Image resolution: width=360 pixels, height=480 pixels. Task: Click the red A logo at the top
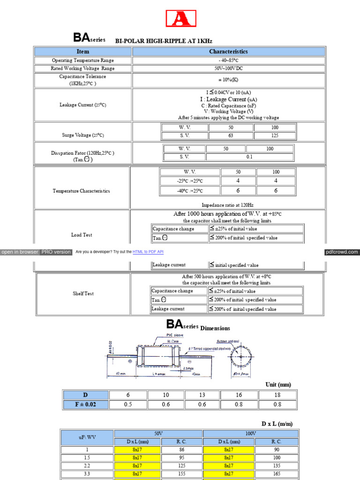point(181,18)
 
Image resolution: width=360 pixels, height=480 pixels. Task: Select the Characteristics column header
point(228,52)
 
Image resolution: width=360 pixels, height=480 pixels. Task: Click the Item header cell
point(83,52)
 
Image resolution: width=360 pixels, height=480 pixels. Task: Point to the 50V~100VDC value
point(228,68)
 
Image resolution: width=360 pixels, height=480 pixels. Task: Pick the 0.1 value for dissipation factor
point(249,157)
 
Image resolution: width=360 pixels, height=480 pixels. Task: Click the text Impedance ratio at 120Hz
point(227,205)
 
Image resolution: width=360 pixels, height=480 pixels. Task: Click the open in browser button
point(20,252)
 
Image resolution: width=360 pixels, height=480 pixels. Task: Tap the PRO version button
point(56,252)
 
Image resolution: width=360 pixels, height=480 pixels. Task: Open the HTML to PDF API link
point(148,252)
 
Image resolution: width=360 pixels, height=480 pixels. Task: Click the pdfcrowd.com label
point(342,252)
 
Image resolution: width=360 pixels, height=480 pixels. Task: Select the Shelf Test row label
point(83,293)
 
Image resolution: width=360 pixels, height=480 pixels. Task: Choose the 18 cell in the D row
point(277,395)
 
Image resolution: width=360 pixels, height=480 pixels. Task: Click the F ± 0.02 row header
point(86,404)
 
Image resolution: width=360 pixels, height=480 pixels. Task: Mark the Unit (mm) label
point(278,384)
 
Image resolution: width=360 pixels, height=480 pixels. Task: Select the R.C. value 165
point(276,474)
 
